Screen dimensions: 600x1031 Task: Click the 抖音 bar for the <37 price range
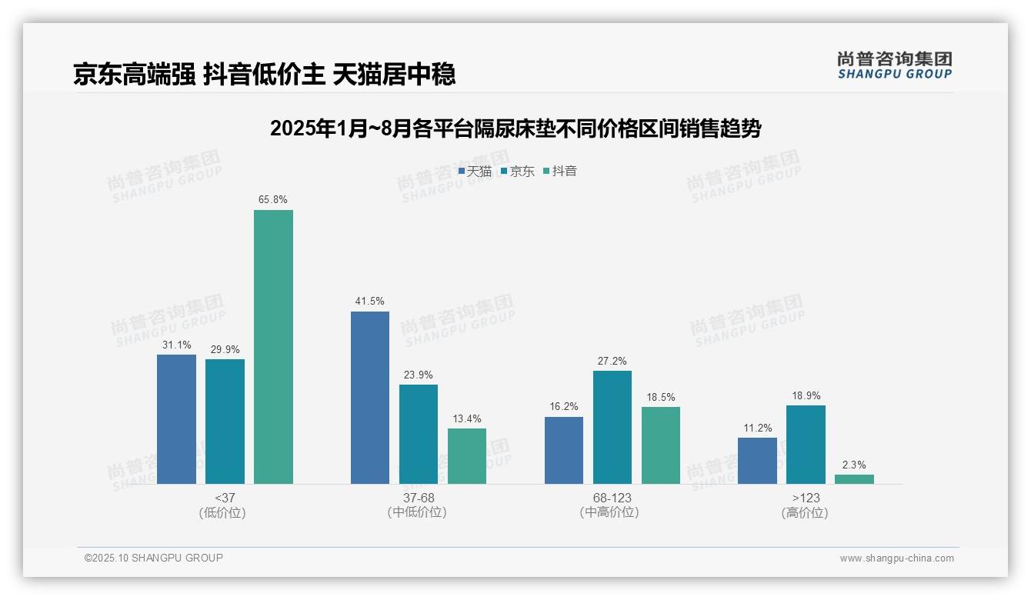click(273, 347)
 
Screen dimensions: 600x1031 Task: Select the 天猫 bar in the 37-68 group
click(370, 398)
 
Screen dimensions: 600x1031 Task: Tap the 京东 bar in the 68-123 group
click(612, 427)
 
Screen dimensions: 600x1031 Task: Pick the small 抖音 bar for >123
click(854, 479)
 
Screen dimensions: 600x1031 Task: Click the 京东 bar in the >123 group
click(806, 445)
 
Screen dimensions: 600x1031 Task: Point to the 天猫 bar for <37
click(176, 419)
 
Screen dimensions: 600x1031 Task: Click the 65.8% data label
click(273, 200)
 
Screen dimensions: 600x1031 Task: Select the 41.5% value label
click(370, 302)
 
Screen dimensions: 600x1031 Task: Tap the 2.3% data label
click(854, 465)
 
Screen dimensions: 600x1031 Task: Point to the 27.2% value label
click(612, 361)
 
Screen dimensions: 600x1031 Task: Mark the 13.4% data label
click(467, 418)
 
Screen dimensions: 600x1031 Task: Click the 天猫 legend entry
click(475, 172)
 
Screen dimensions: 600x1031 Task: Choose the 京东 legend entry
click(517, 172)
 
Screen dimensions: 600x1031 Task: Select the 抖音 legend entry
click(560, 172)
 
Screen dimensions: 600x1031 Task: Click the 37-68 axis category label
click(418, 498)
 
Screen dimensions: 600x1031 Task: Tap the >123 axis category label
click(806, 498)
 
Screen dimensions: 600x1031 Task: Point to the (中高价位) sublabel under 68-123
click(609, 512)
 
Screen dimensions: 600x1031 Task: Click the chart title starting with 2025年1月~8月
click(515, 128)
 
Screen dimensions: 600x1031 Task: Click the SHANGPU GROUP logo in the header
click(895, 65)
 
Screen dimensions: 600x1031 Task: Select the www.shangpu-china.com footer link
click(896, 558)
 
